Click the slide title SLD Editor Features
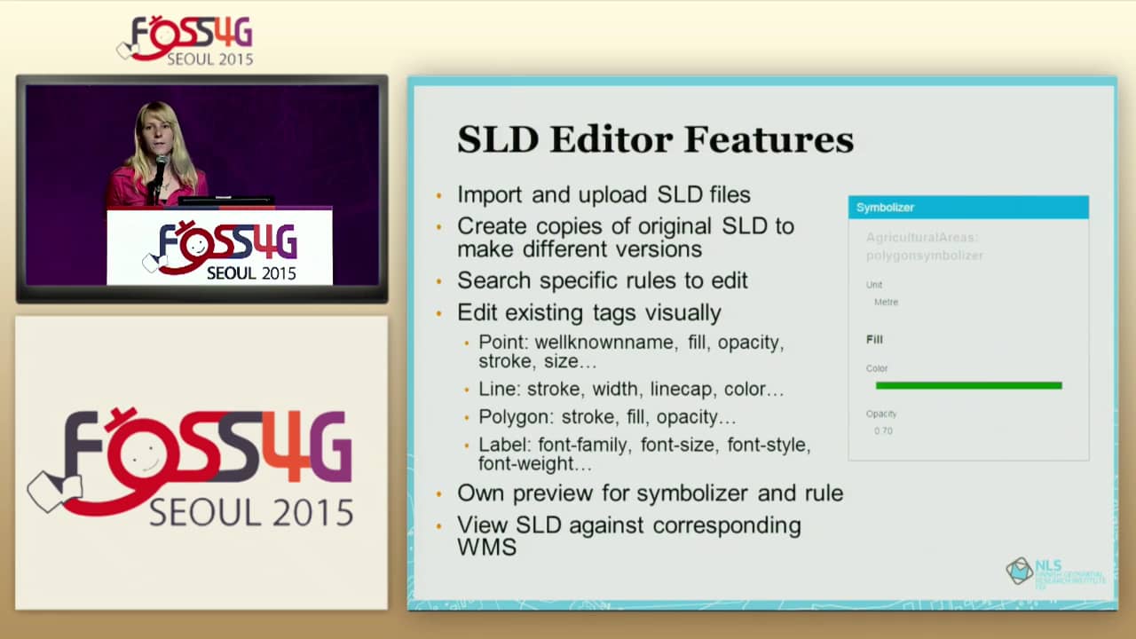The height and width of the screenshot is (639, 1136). pos(655,139)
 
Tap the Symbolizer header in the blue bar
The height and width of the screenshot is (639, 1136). pos(885,208)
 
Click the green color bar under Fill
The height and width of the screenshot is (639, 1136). pos(968,385)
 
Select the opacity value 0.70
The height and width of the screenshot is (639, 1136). pos(883,431)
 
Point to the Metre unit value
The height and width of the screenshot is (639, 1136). pos(886,303)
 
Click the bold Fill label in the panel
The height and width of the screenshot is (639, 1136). pos(874,339)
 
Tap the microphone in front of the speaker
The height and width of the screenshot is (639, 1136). pos(161,163)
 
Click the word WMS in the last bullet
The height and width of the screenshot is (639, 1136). pos(486,547)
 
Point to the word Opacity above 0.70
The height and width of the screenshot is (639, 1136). pos(881,414)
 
